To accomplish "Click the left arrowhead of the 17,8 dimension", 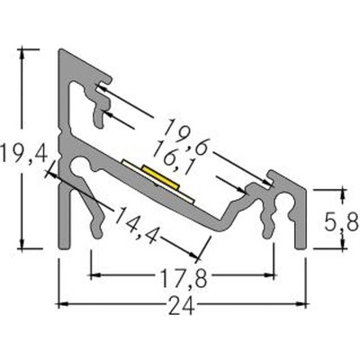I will [94, 272].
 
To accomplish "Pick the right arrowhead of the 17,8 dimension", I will [269, 272].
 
